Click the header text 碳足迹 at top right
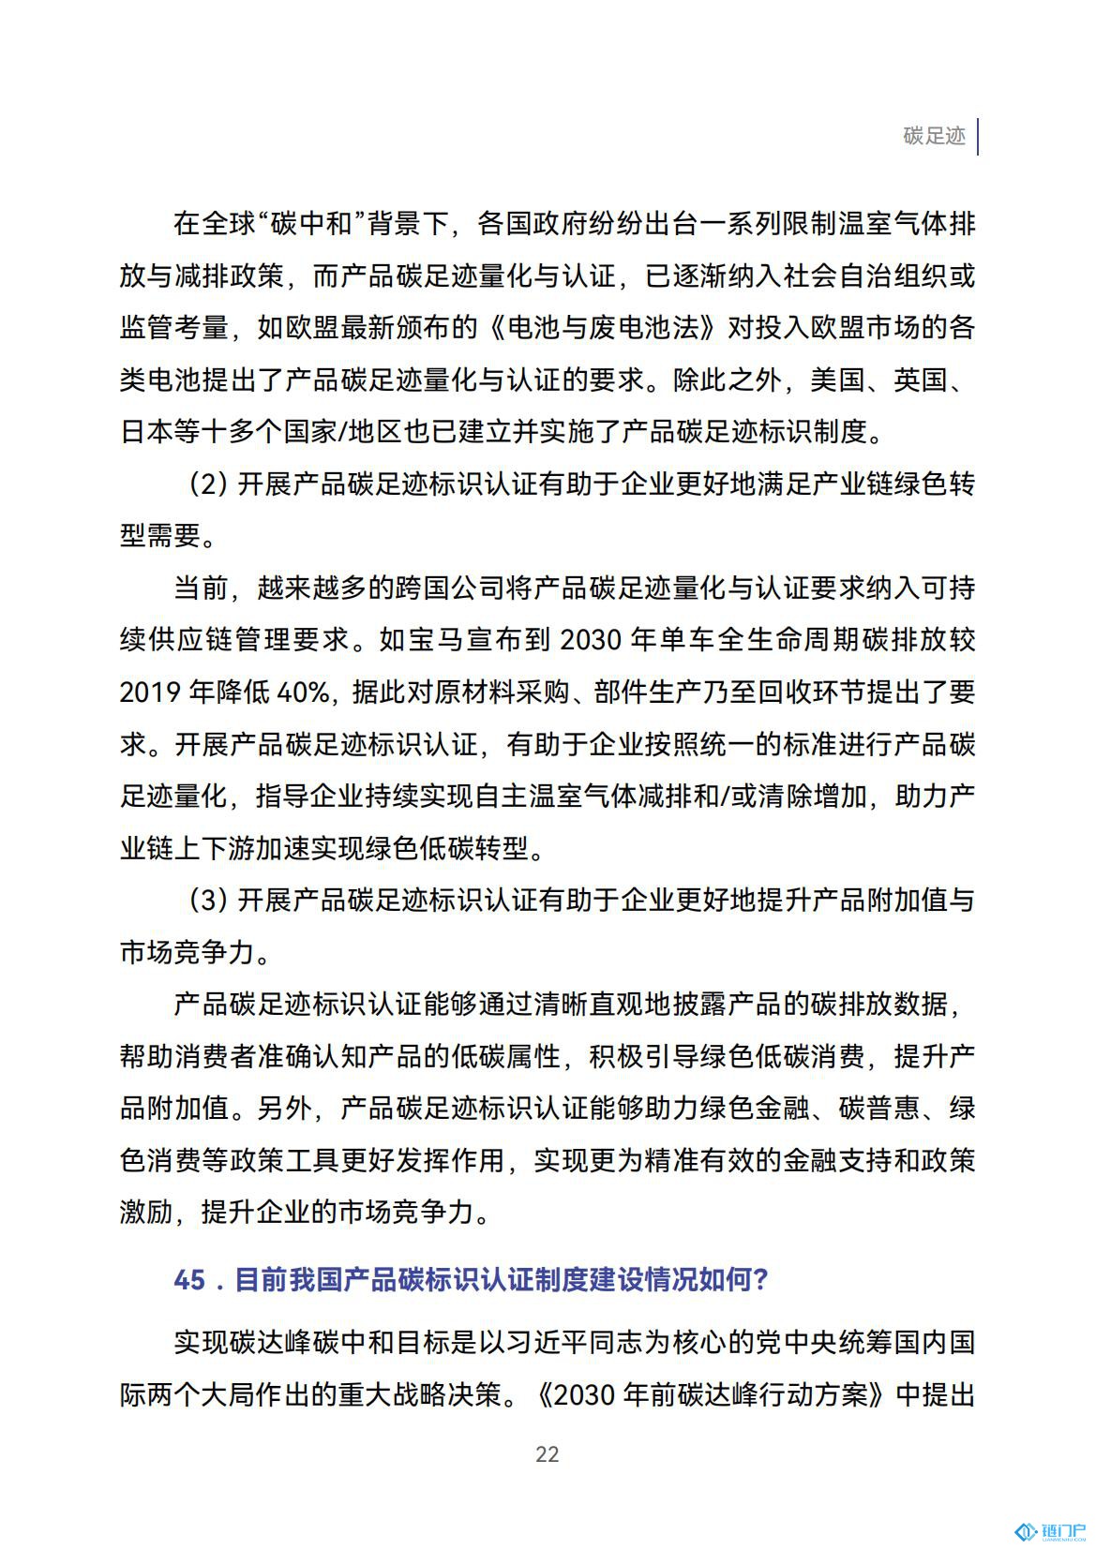click(934, 136)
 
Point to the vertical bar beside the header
click(978, 137)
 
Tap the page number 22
click(547, 1453)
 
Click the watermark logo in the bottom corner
click(1050, 1531)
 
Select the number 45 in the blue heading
click(189, 1279)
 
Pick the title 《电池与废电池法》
click(606, 328)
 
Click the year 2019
click(150, 693)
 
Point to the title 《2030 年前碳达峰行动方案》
click(713, 1395)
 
